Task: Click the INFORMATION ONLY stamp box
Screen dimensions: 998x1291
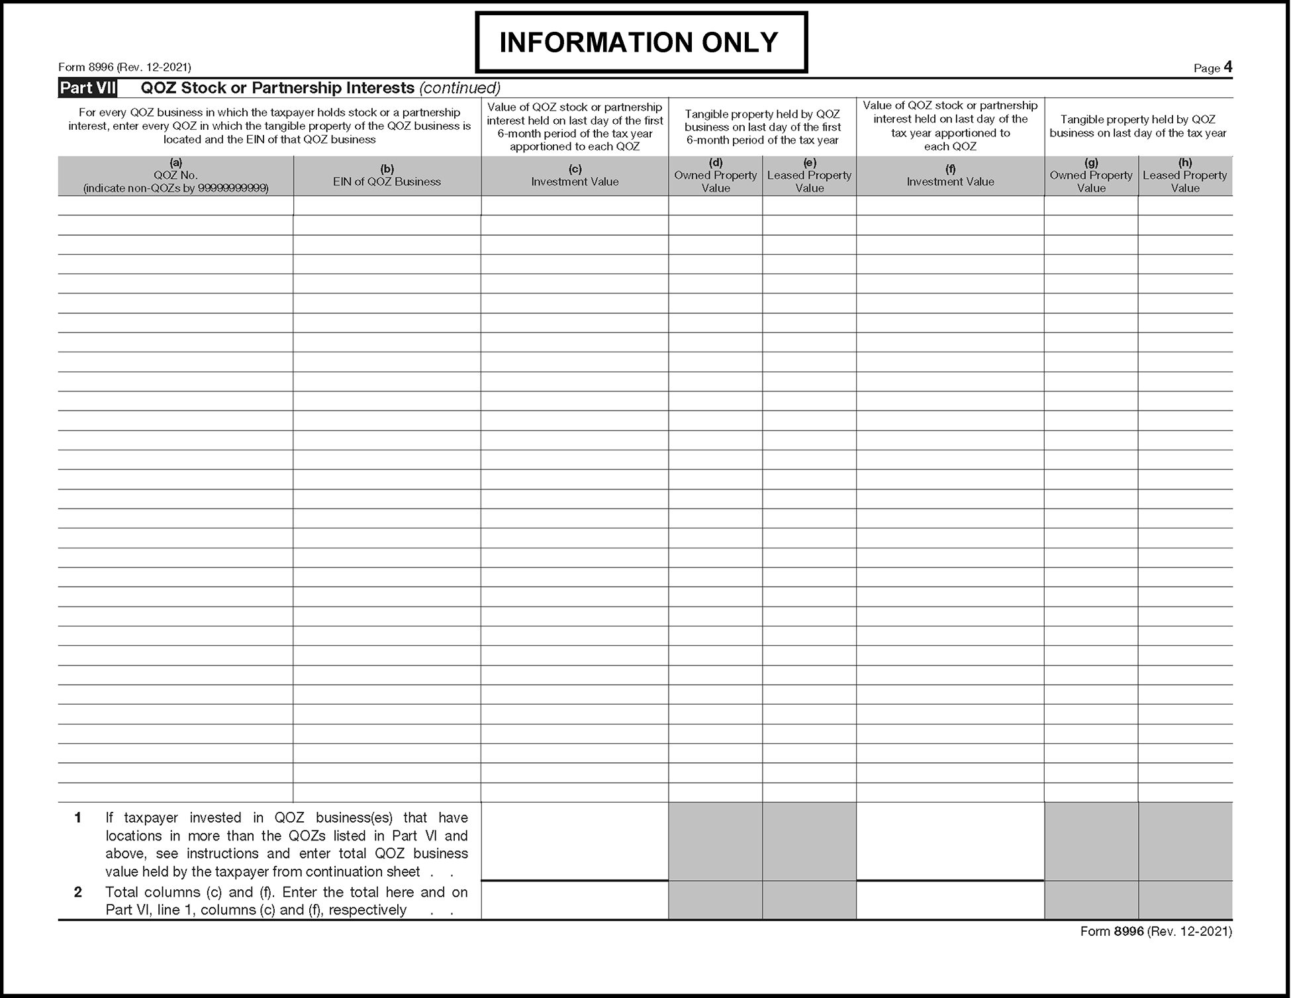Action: pos(641,42)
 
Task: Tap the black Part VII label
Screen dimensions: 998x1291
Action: pos(87,88)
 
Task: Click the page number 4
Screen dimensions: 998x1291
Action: pos(1227,67)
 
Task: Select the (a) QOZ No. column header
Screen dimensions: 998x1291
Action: pos(175,175)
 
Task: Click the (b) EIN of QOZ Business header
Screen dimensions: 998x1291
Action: pos(387,175)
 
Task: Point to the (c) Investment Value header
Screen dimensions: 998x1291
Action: pos(575,175)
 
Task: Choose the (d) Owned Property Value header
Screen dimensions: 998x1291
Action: pos(715,175)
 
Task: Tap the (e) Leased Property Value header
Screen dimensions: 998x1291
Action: pos(809,175)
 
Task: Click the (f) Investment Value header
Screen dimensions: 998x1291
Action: pos(950,175)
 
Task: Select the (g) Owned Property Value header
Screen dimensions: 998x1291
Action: pos(1091,175)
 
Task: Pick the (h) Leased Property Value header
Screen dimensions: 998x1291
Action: pos(1185,175)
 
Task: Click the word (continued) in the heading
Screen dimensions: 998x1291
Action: pos(460,88)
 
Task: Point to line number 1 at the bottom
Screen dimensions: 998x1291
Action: pos(77,818)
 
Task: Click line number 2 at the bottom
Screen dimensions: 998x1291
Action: pos(77,892)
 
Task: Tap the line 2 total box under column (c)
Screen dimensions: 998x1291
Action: pos(575,900)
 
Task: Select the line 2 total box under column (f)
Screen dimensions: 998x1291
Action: pos(950,900)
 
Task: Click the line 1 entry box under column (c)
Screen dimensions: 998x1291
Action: pos(575,841)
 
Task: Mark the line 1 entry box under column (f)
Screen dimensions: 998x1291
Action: pos(950,841)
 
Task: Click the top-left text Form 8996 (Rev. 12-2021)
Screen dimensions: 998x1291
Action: pos(124,68)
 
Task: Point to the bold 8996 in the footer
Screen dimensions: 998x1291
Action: pos(1129,931)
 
